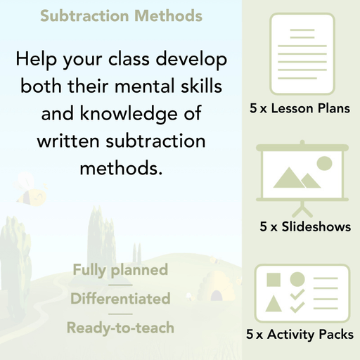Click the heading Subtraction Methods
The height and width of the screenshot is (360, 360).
click(121, 15)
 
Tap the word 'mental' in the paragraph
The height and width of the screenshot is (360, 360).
click(142, 88)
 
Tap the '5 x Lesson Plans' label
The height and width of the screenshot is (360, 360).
click(300, 109)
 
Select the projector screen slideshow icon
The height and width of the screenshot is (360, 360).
click(301, 172)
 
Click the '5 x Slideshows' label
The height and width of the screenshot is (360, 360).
click(305, 226)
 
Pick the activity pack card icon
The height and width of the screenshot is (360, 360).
click(301, 290)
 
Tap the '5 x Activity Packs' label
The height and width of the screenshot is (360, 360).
click(300, 335)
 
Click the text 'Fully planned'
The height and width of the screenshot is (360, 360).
click(120, 269)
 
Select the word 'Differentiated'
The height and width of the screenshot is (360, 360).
click(120, 298)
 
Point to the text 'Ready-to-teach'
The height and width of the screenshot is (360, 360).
click(120, 327)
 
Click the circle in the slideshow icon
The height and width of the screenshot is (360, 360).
click(323, 164)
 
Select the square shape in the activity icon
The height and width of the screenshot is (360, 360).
click(273, 280)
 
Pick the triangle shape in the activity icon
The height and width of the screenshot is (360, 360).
click(273, 304)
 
